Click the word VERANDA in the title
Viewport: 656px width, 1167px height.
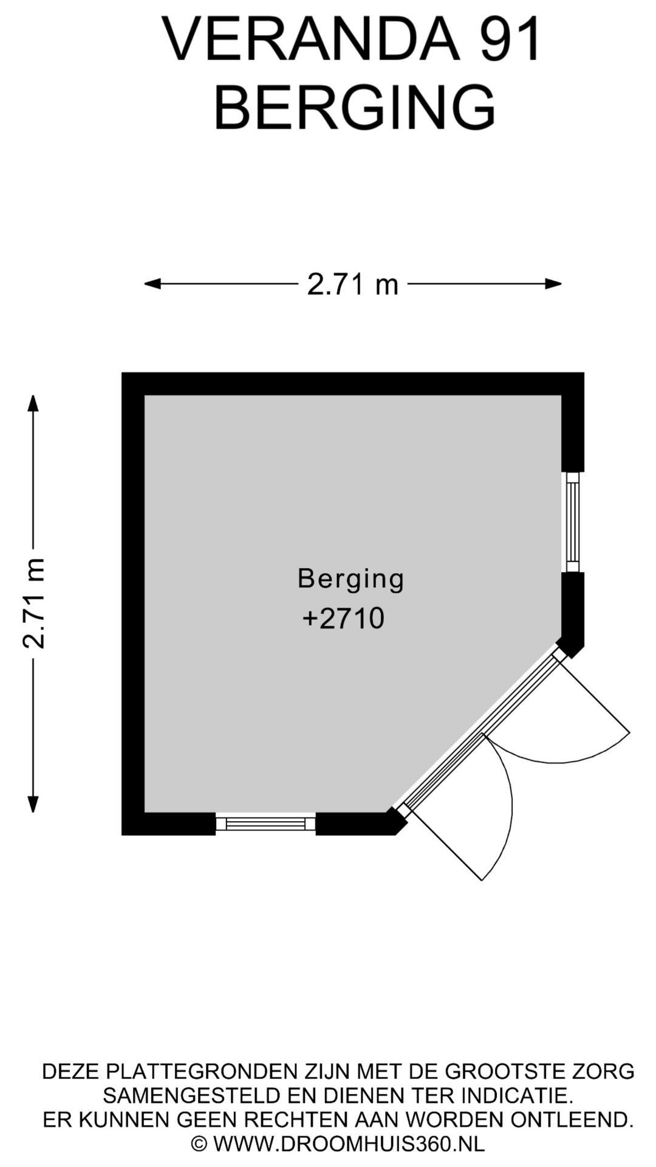[310, 40]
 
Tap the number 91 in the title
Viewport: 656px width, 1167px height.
[510, 40]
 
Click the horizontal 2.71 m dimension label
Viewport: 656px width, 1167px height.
[352, 284]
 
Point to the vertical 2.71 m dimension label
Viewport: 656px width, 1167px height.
[34, 603]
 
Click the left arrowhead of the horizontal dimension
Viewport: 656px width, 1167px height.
[152, 283]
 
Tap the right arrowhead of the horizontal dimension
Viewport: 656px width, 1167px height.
[553, 283]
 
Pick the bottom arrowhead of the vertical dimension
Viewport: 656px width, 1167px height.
[33, 804]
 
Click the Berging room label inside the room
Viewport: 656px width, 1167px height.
[351, 579]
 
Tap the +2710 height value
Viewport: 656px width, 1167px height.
[344, 619]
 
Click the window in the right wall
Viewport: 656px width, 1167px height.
[572, 522]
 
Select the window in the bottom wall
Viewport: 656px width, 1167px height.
[266, 824]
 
